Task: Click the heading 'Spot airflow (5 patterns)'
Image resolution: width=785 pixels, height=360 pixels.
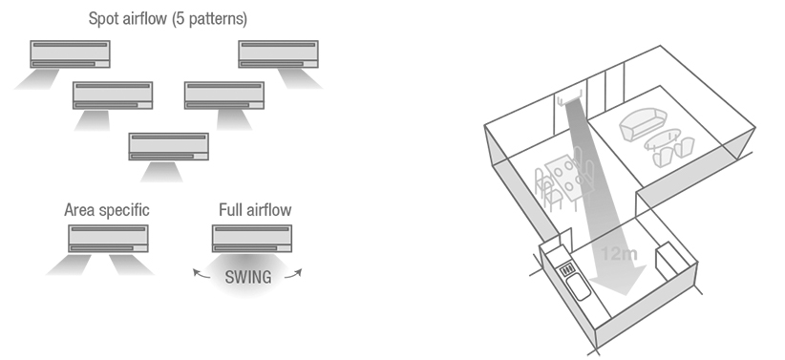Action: pos(168,19)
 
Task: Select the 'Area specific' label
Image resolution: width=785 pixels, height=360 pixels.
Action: pos(107,210)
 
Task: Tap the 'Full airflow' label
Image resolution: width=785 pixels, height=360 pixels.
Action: pos(255,209)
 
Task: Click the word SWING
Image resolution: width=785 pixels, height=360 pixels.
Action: pos(248,277)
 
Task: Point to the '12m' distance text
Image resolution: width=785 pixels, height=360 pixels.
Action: pos(619,254)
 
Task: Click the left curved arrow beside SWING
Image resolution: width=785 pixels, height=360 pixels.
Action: pos(202,274)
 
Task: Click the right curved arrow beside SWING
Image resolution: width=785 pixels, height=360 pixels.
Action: pos(294,273)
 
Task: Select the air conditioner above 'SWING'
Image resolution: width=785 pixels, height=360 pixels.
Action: pos(252,239)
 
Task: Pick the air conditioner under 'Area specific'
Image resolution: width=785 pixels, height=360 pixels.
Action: pos(108,239)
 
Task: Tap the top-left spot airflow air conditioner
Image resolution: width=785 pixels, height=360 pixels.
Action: pos(70,54)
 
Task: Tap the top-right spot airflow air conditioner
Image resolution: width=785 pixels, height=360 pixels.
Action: pos(278,54)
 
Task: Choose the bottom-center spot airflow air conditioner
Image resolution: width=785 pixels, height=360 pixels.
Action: pos(169,146)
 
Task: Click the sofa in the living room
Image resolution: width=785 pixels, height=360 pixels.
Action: pos(644,124)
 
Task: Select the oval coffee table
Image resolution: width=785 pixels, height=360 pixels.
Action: pos(662,138)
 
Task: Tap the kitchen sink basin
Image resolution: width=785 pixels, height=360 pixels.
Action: pos(579,286)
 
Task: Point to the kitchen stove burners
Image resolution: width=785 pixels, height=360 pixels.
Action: pos(566,270)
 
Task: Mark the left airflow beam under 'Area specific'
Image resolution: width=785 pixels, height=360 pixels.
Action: pos(70,265)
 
